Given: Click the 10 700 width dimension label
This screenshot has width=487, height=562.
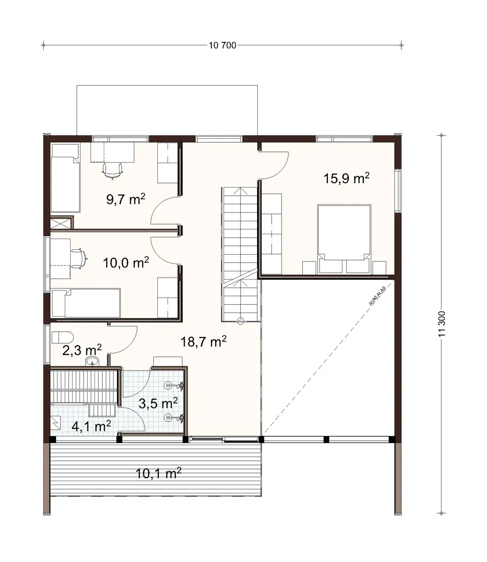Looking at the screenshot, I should click(223, 46).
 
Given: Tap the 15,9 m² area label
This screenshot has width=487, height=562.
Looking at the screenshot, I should click(346, 178).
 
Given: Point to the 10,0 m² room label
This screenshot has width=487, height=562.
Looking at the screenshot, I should click(126, 263).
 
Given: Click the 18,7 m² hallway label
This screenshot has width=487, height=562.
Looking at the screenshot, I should click(204, 342).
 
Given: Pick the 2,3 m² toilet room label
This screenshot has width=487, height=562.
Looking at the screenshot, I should click(82, 350).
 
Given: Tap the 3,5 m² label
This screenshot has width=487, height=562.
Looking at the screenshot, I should click(158, 403).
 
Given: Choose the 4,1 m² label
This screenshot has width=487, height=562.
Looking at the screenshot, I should click(92, 426).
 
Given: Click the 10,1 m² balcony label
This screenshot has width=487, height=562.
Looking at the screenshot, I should click(159, 473).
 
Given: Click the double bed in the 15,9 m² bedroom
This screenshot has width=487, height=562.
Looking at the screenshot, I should click(344, 239).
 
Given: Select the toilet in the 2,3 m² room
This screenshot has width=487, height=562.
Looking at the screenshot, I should click(62, 337).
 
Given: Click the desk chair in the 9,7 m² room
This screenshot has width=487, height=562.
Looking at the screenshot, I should click(112, 168).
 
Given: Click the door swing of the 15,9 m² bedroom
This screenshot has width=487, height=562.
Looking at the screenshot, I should click(275, 163).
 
